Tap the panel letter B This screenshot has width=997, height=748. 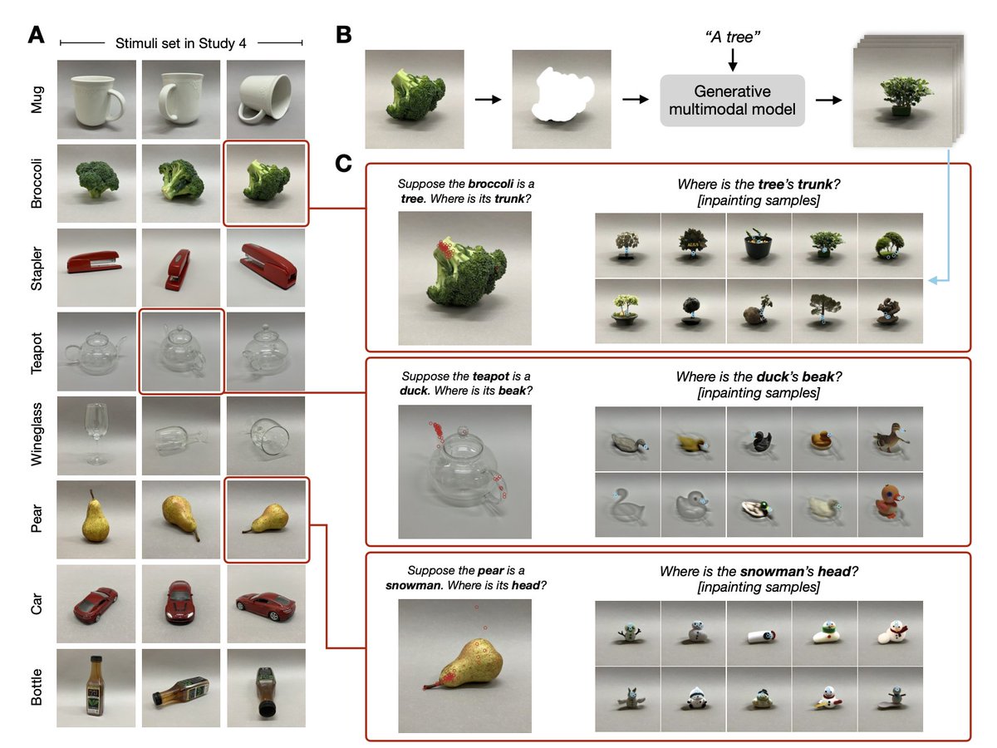(343, 35)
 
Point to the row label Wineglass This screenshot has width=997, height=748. (36, 436)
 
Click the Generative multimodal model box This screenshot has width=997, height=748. (732, 101)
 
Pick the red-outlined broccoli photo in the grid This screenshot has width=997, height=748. (266, 184)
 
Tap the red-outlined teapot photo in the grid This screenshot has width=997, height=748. (181, 352)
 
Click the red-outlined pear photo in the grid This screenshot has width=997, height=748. (266, 520)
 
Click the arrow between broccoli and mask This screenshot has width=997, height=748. (487, 100)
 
